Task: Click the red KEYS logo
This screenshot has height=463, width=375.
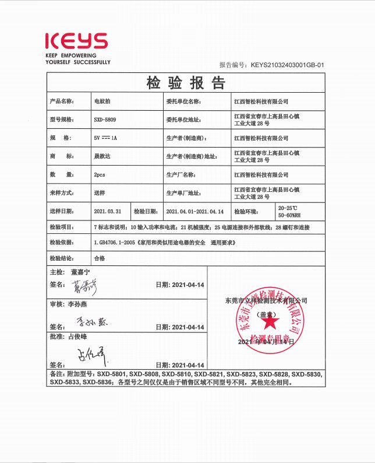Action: [76, 41]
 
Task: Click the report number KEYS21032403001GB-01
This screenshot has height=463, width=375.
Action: [287, 65]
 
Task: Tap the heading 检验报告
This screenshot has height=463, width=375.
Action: [186, 83]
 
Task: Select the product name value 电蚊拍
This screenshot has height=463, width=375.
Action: [101, 101]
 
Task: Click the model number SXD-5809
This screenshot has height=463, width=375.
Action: [105, 119]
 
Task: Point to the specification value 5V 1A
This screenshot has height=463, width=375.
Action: [105, 138]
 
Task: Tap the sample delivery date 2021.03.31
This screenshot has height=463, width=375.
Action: [107, 211]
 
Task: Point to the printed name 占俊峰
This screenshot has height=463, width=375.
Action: [82, 337]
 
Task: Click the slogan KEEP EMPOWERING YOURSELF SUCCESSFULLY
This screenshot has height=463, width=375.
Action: [77, 58]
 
